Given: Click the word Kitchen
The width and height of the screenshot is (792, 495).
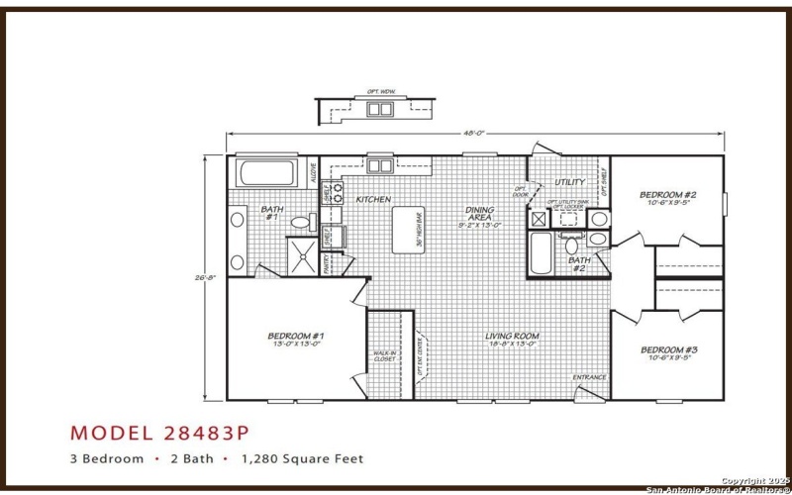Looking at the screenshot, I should [x=361, y=199].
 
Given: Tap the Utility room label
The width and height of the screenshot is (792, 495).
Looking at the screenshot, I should [x=569, y=182].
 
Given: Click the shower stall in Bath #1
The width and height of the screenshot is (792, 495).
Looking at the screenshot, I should [x=304, y=255].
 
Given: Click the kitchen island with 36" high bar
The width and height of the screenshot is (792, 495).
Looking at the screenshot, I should [x=409, y=231].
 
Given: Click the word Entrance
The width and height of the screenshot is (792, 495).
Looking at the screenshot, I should [x=590, y=376].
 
